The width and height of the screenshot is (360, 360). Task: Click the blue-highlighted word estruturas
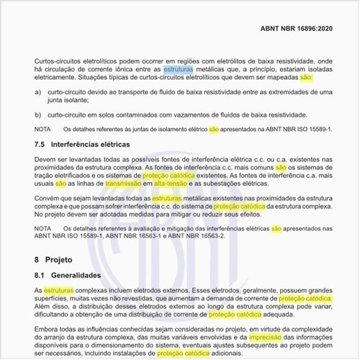point(178,69)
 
